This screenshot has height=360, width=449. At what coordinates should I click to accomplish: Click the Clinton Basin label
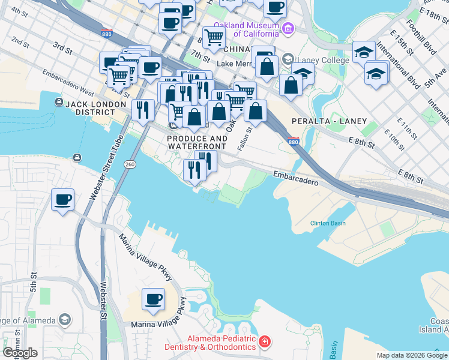point(328,223)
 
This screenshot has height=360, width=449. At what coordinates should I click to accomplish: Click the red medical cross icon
point(265,343)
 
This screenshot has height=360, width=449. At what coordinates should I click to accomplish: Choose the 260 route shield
point(130,164)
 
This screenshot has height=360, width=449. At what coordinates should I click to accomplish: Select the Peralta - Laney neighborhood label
point(328,121)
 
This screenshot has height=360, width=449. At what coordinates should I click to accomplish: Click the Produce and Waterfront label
point(197,142)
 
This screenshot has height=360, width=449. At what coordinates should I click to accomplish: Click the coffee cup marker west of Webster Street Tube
point(62,199)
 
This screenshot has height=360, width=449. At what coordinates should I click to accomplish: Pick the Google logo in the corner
point(20,352)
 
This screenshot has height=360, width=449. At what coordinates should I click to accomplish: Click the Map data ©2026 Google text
point(412,355)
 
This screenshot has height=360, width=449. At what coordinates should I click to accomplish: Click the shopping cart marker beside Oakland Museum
point(213,38)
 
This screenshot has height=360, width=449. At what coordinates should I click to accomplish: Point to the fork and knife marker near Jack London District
point(142,110)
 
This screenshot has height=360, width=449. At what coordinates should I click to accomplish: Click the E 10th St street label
point(395,142)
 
